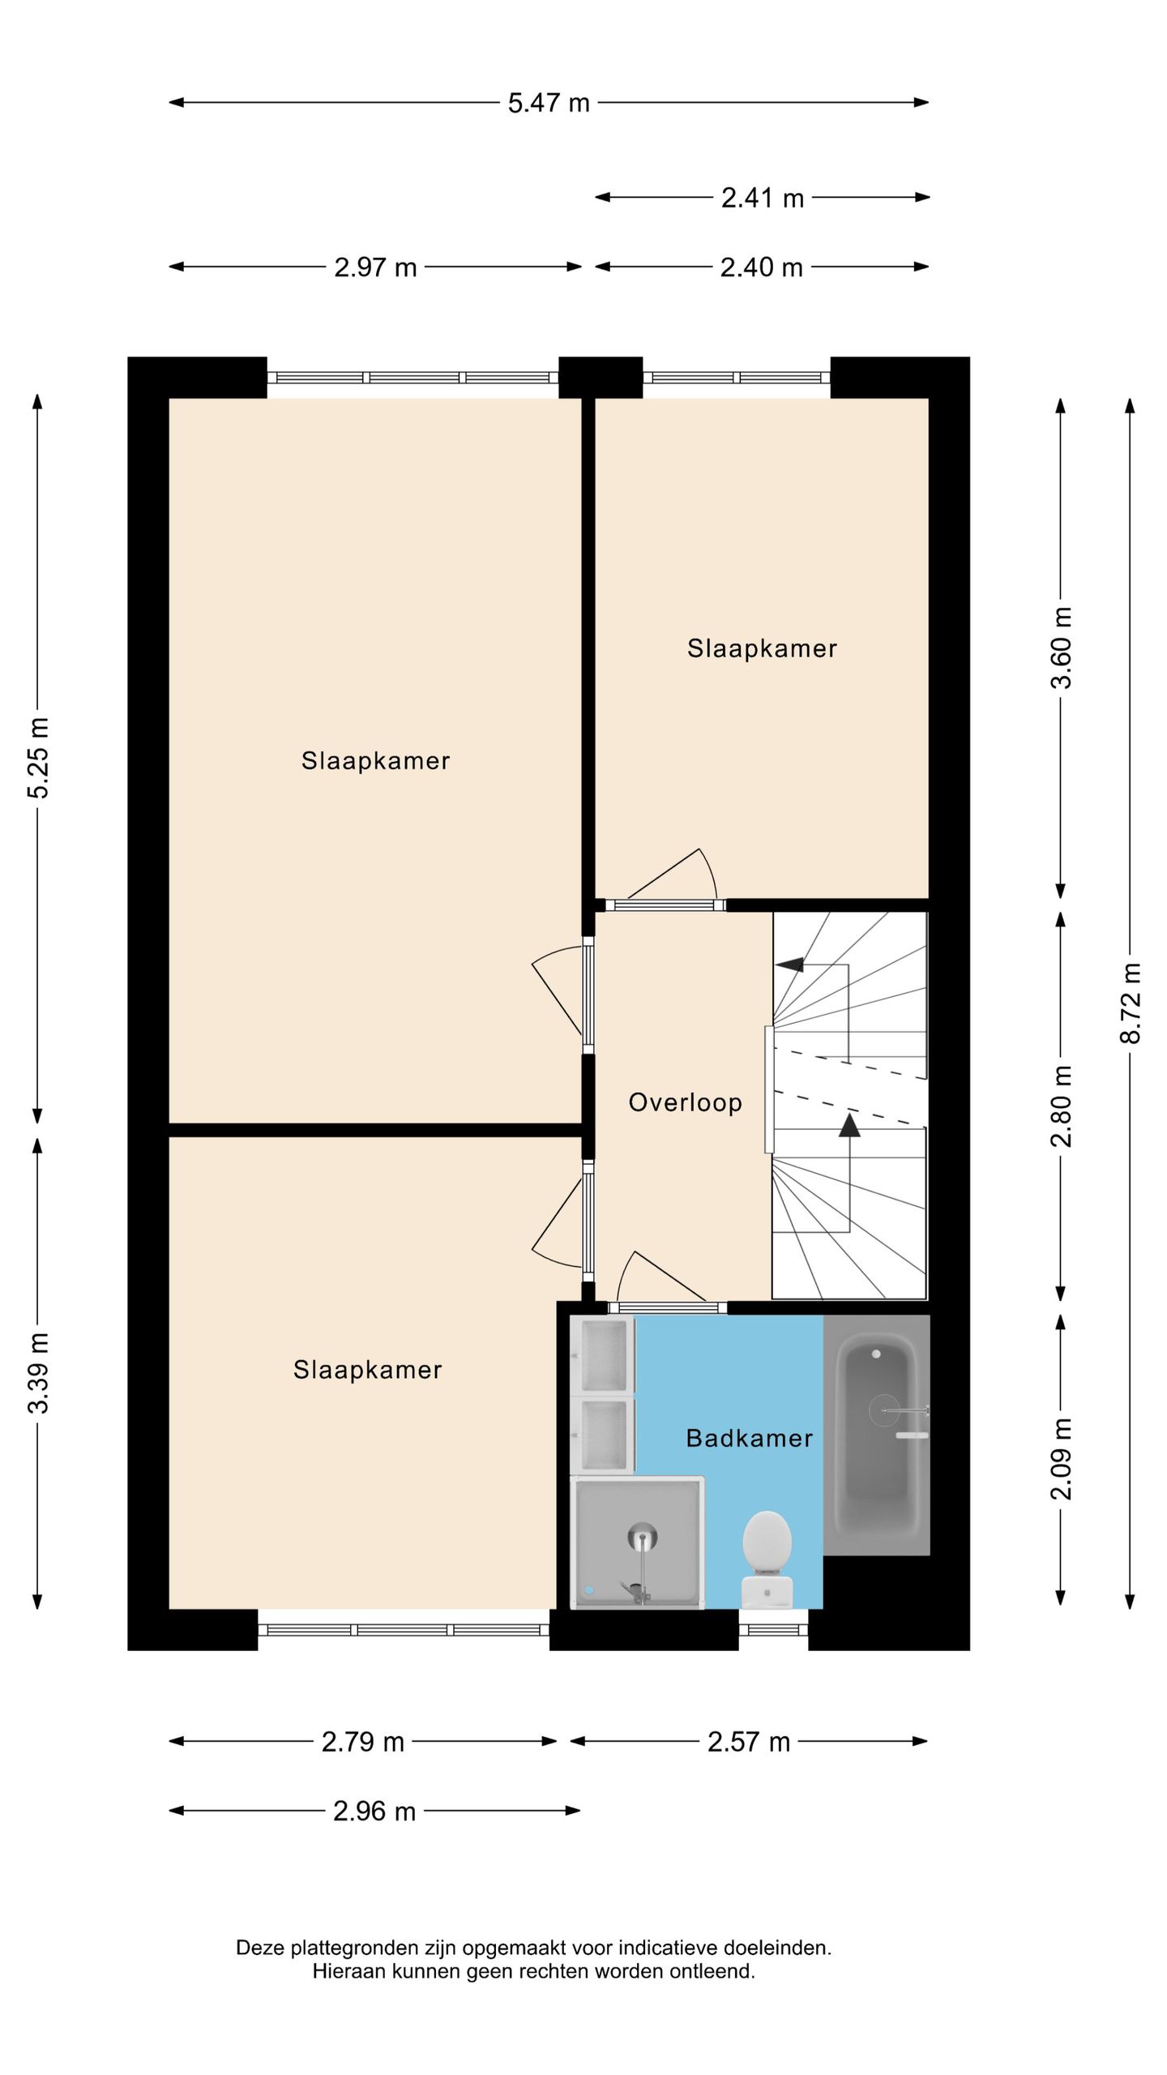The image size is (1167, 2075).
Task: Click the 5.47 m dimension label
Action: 549,103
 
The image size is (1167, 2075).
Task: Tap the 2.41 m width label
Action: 763,198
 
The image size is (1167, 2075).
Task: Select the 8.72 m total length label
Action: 1131,1003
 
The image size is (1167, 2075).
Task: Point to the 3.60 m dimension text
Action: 1061,648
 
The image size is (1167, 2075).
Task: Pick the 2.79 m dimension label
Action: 363,1742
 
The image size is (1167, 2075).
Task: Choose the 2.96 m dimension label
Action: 374,1812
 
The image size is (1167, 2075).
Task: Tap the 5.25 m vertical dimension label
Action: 38,758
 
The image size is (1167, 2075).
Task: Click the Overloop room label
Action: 686,1102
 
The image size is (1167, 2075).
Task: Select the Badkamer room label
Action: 750,1439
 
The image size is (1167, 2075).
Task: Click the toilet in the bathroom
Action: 767,1557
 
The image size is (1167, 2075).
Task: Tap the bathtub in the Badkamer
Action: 877,1435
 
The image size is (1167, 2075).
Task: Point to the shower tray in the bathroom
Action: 638,1542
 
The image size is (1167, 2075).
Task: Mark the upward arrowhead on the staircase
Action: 849,1125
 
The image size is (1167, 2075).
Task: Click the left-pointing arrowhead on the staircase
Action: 789,965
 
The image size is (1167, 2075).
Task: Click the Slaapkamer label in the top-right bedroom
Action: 762,648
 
